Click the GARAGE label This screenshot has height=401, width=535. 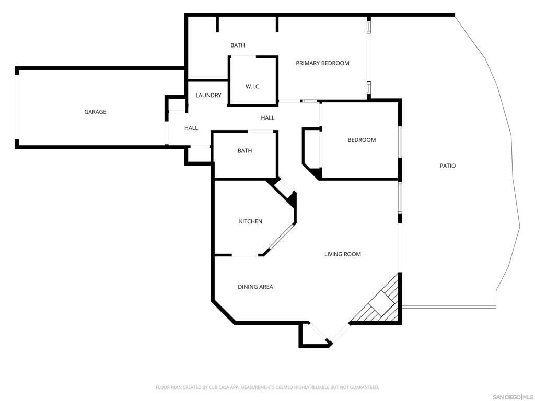point(95,112)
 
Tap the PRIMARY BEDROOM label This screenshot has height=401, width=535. point(322,63)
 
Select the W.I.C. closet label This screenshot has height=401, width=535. point(253,86)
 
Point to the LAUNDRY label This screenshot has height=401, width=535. point(208,96)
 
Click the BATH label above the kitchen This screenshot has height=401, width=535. point(245,151)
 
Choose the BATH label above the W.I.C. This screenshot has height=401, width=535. point(238,45)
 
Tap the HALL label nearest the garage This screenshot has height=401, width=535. point(191,128)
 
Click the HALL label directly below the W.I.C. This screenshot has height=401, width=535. point(267,118)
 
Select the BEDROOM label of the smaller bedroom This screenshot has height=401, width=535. point(362,140)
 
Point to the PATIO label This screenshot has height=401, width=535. point(447,166)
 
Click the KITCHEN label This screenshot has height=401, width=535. point(251,221)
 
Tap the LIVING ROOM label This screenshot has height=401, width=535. point(343,254)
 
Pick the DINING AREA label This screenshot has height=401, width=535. point(255,287)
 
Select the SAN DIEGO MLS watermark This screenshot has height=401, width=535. point(513,397)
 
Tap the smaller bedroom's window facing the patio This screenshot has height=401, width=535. point(400,141)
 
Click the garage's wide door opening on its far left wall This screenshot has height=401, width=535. point(17,108)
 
